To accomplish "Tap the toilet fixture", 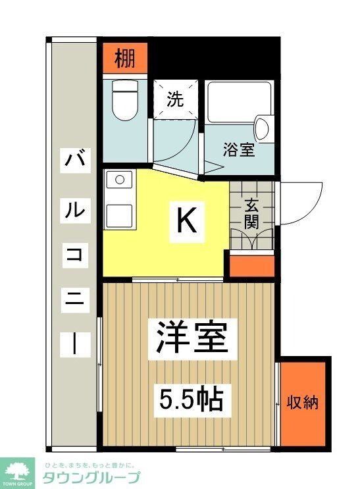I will (123, 100).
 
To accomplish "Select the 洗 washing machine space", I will (175, 99).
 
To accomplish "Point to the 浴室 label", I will (238, 150).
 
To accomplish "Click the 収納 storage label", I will (303, 402).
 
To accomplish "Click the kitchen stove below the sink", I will (119, 212).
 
